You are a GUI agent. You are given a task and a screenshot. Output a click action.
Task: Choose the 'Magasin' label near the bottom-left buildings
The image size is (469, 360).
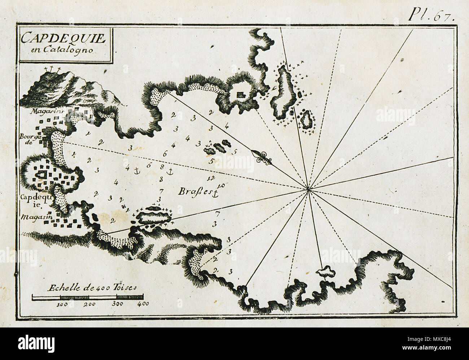pos(34,217)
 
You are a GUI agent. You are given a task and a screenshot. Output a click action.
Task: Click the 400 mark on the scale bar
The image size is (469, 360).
pos(144,304)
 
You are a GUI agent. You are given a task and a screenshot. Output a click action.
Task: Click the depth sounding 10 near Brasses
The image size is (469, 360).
pos(221,186)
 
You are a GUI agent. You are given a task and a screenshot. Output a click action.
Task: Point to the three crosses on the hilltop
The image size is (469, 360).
pos(52,69)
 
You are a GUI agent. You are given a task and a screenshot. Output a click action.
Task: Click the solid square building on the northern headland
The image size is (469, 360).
pos(240,95)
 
